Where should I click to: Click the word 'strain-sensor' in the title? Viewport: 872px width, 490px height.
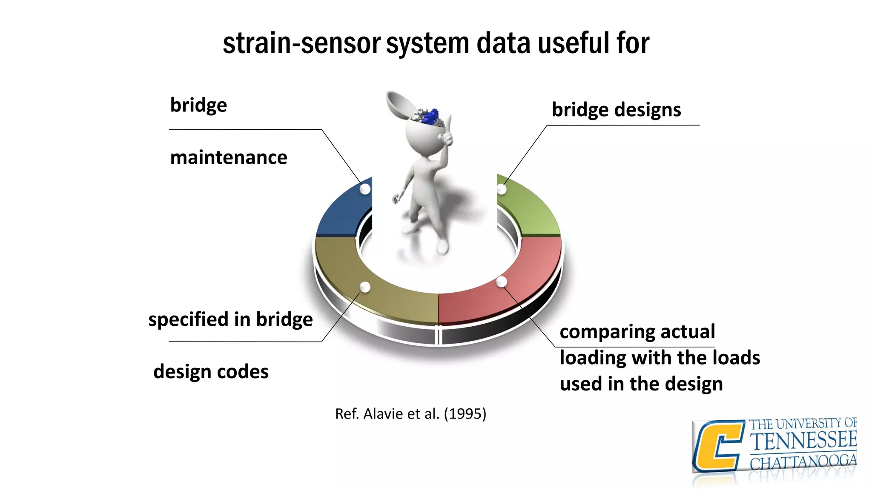pyautogui.click(x=301, y=43)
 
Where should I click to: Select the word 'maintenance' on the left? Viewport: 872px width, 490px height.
pyautogui.click(x=229, y=157)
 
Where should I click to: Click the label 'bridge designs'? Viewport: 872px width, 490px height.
pyautogui.click(x=616, y=110)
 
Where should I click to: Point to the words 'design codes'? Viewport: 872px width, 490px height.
pyautogui.click(x=211, y=371)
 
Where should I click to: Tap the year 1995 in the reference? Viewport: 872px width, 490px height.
pyautogui.click(x=465, y=413)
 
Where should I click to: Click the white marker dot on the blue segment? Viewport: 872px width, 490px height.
pyautogui.click(x=365, y=189)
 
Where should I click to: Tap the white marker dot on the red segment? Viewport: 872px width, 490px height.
pyautogui.click(x=502, y=282)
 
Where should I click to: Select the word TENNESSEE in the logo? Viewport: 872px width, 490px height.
pyautogui.click(x=803, y=441)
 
